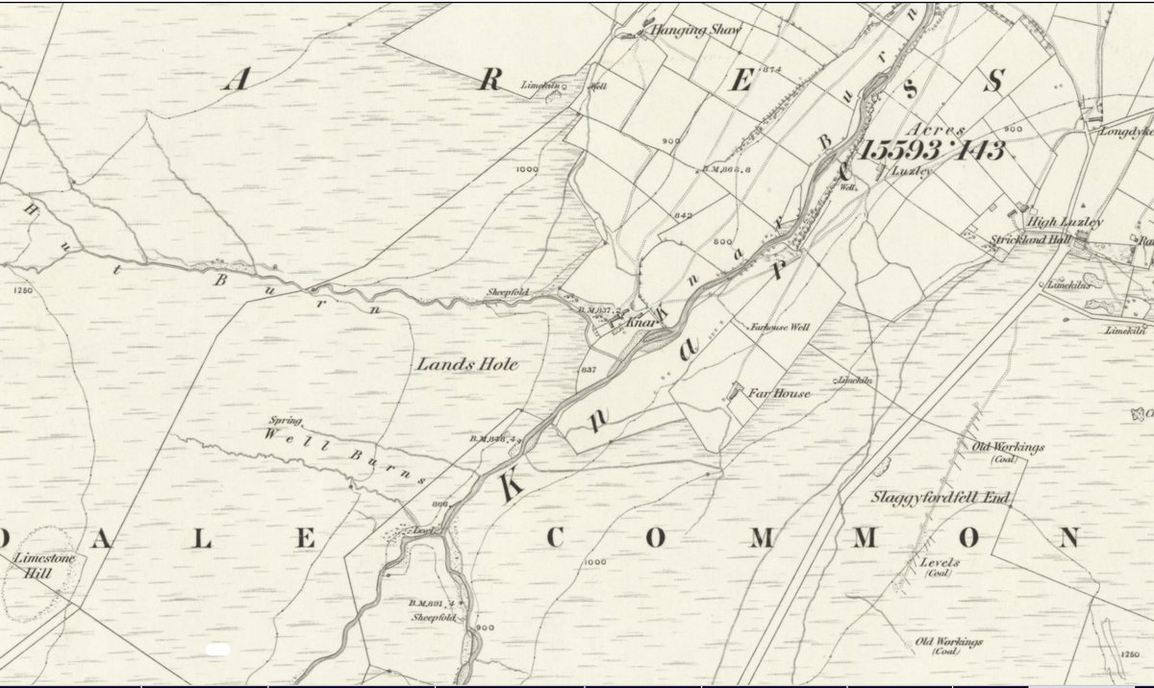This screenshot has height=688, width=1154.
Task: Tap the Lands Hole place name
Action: (x=455, y=364)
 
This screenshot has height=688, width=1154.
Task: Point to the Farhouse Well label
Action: (x=780, y=328)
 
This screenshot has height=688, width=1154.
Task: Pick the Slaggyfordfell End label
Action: (x=931, y=498)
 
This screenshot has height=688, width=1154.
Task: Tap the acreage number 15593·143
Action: (x=933, y=150)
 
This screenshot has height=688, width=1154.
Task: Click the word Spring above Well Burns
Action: (x=287, y=422)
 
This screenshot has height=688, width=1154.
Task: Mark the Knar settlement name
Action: (x=641, y=324)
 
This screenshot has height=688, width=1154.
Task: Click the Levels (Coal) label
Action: (x=939, y=567)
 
